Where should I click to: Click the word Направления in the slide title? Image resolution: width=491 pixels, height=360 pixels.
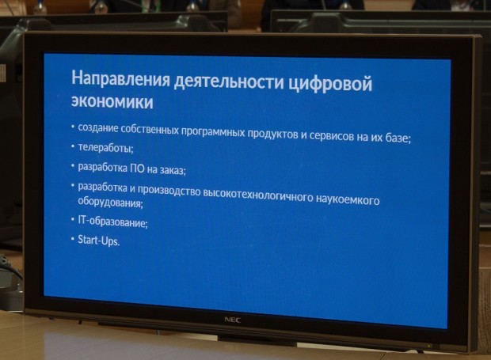(120, 80)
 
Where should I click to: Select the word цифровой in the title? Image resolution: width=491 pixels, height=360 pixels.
(330, 84)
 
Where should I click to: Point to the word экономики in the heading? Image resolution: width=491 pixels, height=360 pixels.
(112, 101)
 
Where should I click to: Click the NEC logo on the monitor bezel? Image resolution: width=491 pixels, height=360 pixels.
(233, 320)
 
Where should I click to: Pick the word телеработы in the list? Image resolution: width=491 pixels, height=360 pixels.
(105, 148)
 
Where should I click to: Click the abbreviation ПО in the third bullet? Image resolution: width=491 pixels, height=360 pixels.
(137, 169)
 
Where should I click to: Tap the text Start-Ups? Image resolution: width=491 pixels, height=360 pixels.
(99, 241)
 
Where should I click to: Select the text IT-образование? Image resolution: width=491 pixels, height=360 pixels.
(112, 222)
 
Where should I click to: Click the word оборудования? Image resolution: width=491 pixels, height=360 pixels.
(111, 202)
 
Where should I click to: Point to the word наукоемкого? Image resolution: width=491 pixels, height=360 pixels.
(348, 199)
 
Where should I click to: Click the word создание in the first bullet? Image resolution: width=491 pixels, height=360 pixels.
(98, 127)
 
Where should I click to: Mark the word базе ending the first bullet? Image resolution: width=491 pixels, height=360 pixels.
(398, 138)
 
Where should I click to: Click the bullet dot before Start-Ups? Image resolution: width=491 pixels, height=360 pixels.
(72, 239)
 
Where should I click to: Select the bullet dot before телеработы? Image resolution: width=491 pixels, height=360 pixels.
(72, 146)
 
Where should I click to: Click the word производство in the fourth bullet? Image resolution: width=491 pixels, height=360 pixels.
(169, 190)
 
